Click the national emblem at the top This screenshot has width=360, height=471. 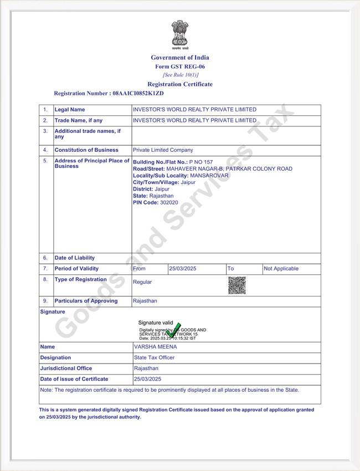pyautogui.click(x=179, y=34)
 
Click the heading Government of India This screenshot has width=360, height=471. pyautogui.click(x=180, y=58)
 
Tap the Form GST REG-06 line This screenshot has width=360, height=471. pyautogui.click(x=180, y=66)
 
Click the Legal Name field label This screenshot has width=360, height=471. pyautogui.click(x=70, y=110)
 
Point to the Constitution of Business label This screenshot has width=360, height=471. pyautogui.click(x=86, y=150)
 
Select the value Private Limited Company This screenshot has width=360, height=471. pyautogui.click(x=163, y=150)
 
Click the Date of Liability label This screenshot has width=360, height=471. pyautogui.click(x=75, y=258)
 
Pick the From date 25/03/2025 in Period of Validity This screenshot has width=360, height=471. pyautogui.click(x=183, y=269)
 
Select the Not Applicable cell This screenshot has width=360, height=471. pyautogui.click(x=281, y=269)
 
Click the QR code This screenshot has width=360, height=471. pyautogui.click(x=236, y=285)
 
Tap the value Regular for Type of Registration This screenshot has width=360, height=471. pyautogui.click(x=142, y=282)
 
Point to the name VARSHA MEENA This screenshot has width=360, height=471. pyautogui.click(x=156, y=347)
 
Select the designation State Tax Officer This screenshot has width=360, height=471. pyautogui.click(x=155, y=358)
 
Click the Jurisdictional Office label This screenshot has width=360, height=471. pyautogui.click(x=66, y=368)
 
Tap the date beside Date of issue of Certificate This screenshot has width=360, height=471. pyautogui.click(x=148, y=379)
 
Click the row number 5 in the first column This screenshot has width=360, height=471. pyautogui.click(x=45, y=161)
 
